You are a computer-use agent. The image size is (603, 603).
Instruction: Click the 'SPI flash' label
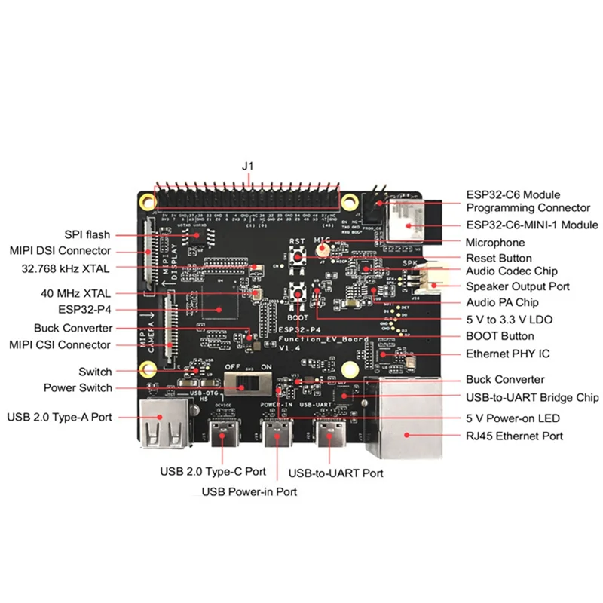(x=87, y=234)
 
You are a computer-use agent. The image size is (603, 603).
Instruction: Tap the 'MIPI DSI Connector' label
(x=60, y=250)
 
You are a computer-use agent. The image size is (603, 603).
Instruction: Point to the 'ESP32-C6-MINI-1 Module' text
(x=532, y=225)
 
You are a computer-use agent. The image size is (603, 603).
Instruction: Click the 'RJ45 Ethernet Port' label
(x=514, y=436)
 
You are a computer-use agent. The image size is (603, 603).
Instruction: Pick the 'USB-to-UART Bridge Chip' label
(x=532, y=397)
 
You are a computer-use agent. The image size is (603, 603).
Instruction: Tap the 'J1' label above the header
(x=249, y=165)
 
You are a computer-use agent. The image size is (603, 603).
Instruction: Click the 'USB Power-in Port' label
(x=249, y=491)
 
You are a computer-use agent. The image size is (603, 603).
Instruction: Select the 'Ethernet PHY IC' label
(x=507, y=354)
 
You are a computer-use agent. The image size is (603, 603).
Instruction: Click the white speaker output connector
(x=427, y=280)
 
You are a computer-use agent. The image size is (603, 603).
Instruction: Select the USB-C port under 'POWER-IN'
(x=276, y=437)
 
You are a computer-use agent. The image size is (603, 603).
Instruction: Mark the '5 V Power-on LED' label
(x=512, y=418)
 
